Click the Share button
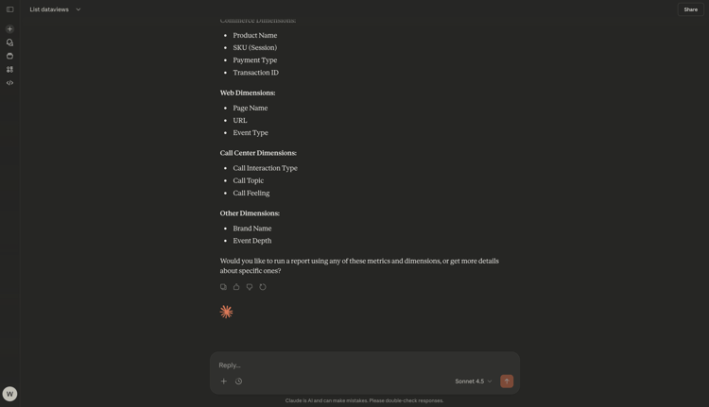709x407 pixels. click(690, 9)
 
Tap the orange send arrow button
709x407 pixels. click(507, 382)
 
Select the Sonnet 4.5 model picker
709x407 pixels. click(473, 382)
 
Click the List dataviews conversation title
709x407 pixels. click(49, 9)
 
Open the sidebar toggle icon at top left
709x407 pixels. click(9, 9)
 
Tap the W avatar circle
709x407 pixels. click(9, 394)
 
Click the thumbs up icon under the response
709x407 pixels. click(236, 287)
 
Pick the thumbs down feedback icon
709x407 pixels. click(250, 287)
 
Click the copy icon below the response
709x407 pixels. click(223, 287)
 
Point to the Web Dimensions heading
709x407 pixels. click(248, 93)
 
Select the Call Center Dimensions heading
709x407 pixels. click(258, 153)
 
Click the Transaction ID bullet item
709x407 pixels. click(255, 73)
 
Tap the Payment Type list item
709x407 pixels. click(254, 60)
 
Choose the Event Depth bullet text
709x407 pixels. click(251, 241)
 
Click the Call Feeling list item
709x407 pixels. click(251, 193)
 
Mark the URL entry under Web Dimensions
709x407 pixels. click(240, 121)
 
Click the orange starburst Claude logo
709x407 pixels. click(226, 312)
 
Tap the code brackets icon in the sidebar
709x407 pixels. click(9, 83)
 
